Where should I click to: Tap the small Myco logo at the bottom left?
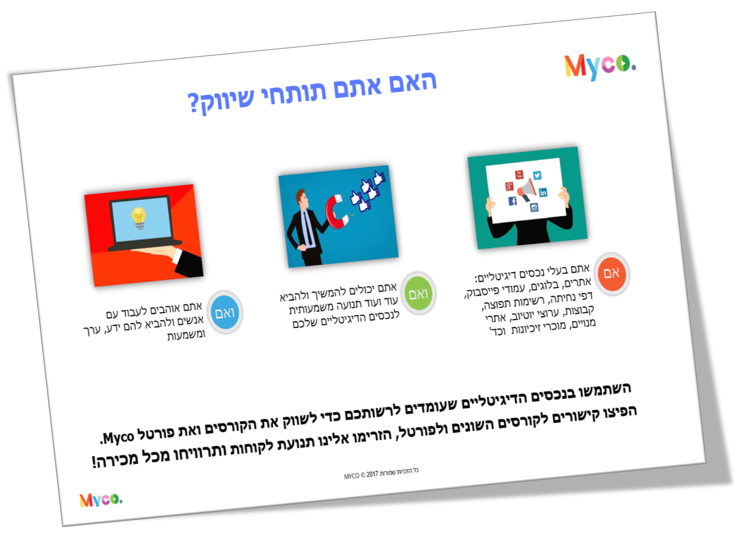[x=100, y=499]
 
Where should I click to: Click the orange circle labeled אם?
[x=611, y=273]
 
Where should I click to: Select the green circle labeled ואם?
[x=418, y=294]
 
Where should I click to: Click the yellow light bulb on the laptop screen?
[x=139, y=218]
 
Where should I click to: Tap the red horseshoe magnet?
[x=336, y=213]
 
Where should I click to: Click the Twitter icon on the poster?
[x=537, y=175]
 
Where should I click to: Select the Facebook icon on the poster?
[x=513, y=201]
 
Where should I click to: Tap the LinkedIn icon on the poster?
[x=543, y=192]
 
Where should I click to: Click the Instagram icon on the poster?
[x=534, y=207]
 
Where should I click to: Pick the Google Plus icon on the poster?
[x=509, y=185]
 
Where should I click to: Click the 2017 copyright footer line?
[x=381, y=473]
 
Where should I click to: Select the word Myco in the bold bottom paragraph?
[x=118, y=437]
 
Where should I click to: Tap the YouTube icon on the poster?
[x=519, y=175]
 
